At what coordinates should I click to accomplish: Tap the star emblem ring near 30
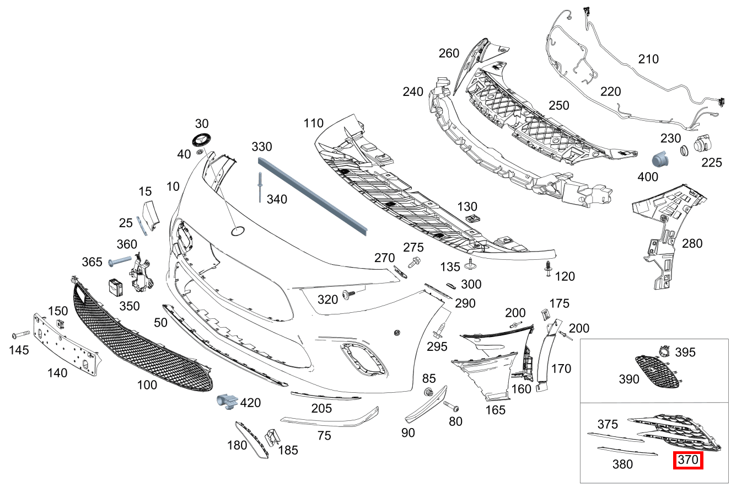[x=202, y=140]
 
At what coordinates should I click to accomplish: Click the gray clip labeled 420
[x=227, y=402]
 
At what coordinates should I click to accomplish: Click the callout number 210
[x=648, y=59]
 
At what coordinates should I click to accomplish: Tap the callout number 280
[x=692, y=243]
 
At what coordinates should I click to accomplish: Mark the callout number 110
[x=313, y=124]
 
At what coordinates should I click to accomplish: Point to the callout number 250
[x=558, y=105]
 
